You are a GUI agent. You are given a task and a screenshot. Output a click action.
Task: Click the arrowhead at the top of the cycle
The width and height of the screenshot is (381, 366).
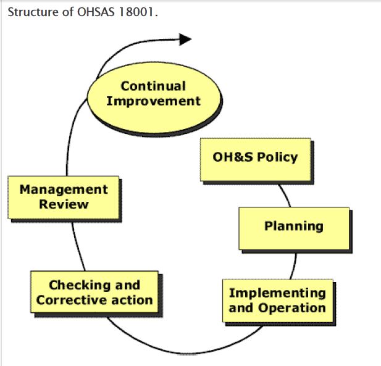[185, 39]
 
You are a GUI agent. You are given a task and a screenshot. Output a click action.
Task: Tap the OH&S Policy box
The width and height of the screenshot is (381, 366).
[255, 159]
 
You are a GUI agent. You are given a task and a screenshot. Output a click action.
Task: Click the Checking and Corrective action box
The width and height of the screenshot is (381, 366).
[94, 293]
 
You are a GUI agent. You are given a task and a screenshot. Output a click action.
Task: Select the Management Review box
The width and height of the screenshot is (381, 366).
[64, 197]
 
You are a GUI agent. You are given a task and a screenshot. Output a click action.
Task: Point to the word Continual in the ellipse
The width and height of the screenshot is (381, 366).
[153, 86]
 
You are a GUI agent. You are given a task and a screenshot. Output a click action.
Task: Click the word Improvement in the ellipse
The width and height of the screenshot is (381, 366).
[153, 101]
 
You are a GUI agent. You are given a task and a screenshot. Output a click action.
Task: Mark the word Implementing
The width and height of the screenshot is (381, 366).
[277, 293]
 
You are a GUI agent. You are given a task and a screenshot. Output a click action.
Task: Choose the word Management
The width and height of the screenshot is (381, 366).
[64, 189]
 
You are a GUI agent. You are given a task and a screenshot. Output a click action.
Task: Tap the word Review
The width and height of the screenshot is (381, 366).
[64, 204]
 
